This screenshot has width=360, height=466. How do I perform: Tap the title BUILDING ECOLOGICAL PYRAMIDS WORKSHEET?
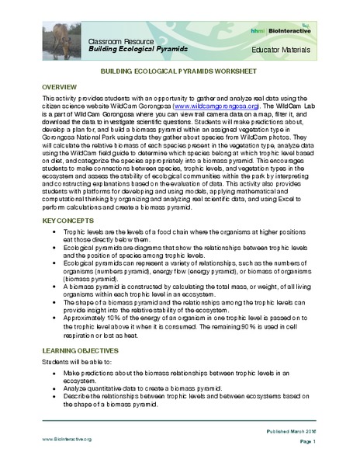click(x=180, y=70)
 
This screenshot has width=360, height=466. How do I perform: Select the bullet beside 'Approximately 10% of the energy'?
click(x=54, y=318)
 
